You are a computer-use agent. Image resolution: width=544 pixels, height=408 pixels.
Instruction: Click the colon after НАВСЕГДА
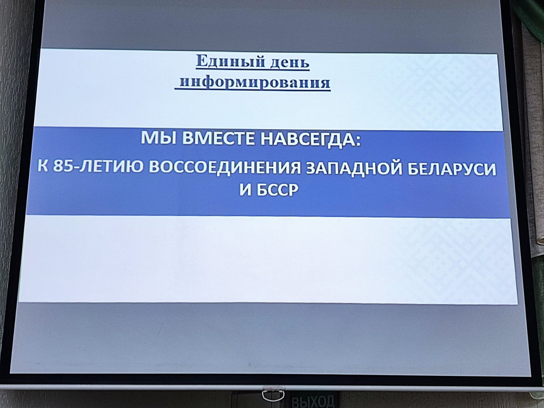(x=357, y=140)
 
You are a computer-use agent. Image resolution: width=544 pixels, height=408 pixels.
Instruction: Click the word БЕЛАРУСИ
(x=452, y=169)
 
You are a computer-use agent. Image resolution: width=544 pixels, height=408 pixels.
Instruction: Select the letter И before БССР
(x=245, y=190)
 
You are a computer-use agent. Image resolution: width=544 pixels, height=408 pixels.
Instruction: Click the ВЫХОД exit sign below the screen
(x=313, y=401)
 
